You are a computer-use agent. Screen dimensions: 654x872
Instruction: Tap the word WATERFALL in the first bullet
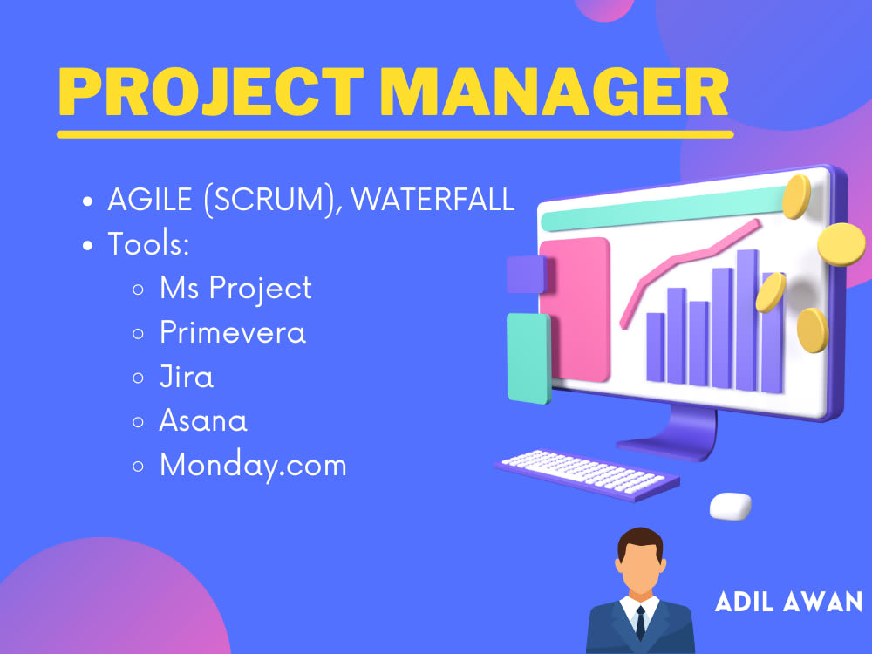(433, 199)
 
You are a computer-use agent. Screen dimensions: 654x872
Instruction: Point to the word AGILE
(150, 199)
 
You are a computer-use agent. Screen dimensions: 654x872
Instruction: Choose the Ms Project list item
(235, 288)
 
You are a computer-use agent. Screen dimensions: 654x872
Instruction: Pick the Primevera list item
(232, 332)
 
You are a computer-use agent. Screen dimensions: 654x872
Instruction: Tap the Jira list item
(186, 377)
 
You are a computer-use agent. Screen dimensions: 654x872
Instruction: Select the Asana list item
(202, 421)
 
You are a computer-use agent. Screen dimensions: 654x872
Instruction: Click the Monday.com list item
(253, 465)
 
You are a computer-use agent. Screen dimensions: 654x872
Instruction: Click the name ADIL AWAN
(788, 602)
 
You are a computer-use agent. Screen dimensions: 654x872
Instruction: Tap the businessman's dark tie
(640, 622)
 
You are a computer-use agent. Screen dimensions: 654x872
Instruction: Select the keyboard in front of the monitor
(586, 473)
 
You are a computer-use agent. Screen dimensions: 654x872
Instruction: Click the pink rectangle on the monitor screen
(574, 283)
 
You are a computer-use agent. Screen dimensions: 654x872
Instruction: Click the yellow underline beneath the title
(395, 134)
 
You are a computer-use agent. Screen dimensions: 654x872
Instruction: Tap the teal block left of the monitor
(528, 358)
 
